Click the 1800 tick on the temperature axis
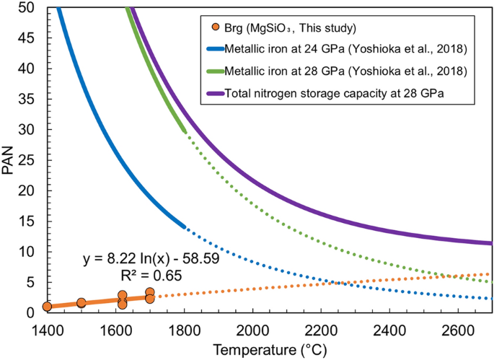pos(185,328)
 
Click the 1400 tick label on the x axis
pos(48,328)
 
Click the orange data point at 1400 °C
pos(48,307)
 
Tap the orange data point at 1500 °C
pos(81,303)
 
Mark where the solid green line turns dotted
pos(185,132)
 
